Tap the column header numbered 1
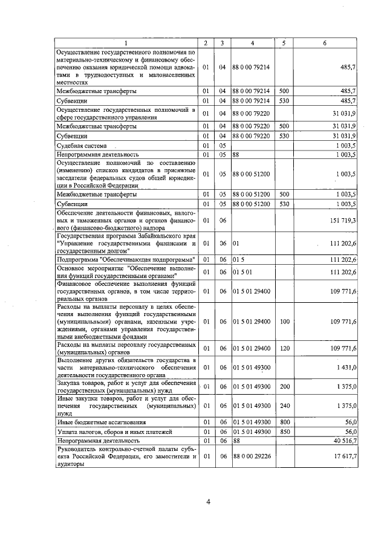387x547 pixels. click(x=126, y=43)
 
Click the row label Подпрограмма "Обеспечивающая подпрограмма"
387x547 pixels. click(x=125, y=259)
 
